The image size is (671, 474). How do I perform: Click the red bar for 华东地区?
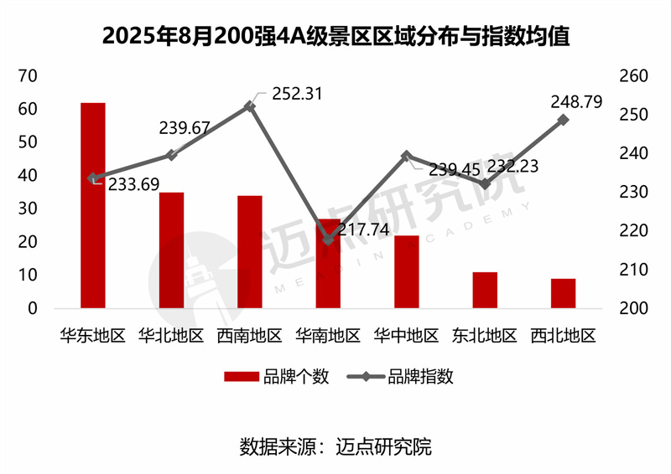click(93, 205)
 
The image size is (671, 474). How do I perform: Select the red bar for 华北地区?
click(171, 250)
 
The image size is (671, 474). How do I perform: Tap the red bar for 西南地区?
click(250, 252)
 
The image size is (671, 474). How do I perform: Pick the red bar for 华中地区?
click(406, 272)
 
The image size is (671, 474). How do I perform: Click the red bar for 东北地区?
click(485, 290)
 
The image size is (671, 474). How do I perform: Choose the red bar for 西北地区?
click(564, 293)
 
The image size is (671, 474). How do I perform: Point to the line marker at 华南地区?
click(328, 240)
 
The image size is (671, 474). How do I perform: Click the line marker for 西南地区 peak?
click(250, 106)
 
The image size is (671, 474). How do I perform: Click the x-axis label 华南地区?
click(328, 337)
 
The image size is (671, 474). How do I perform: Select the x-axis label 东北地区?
click(485, 337)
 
